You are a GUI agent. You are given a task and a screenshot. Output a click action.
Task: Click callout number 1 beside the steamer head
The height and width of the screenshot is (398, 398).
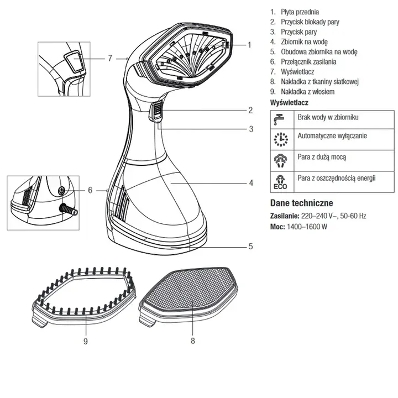pyautogui.click(x=249, y=45)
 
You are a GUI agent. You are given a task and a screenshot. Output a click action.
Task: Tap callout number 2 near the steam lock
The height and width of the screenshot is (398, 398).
pyautogui.click(x=250, y=109)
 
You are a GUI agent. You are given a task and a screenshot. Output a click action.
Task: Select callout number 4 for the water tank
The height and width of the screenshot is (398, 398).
pyautogui.click(x=250, y=182)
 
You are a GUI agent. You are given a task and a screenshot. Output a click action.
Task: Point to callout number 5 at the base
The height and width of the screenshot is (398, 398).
pyautogui.click(x=250, y=247)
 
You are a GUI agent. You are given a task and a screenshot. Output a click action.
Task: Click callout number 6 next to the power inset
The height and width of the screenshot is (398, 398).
pyautogui.click(x=90, y=190)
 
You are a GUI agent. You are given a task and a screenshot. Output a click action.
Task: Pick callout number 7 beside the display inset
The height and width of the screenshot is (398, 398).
pyautogui.click(x=110, y=57)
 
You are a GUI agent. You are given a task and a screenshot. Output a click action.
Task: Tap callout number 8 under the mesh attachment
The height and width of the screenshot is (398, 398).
pyautogui.click(x=192, y=341)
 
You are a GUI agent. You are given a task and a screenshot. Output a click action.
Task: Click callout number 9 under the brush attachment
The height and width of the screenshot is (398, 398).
pyautogui.click(x=86, y=341)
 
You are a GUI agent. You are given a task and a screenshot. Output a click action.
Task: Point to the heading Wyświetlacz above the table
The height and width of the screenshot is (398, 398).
pyautogui.click(x=289, y=103)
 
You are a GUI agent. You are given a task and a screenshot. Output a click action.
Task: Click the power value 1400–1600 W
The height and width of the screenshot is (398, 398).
pyautogui.click(x=307, y=227)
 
